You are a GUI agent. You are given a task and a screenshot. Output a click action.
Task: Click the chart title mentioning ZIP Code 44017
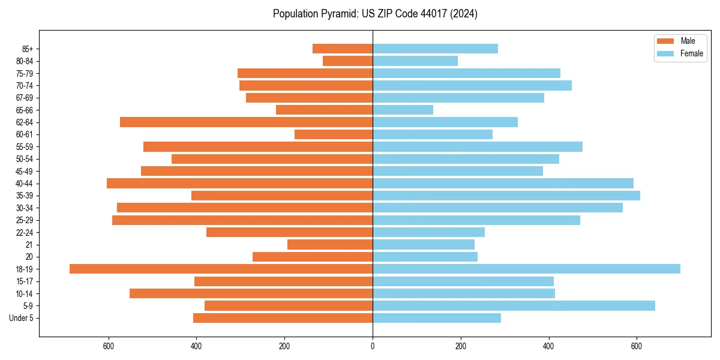375,14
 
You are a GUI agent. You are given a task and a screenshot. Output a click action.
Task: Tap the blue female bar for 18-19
526,269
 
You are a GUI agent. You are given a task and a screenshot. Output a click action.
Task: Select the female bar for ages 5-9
514,305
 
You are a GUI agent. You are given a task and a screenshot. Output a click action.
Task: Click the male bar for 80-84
347,61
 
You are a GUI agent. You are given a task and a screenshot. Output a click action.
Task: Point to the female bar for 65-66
403,110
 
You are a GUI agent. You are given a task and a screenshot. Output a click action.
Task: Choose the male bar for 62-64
246,122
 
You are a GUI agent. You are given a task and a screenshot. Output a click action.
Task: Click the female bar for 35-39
506,196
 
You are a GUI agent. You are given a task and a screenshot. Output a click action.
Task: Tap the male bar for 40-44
239,183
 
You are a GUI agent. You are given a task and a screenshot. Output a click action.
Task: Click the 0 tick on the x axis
373,346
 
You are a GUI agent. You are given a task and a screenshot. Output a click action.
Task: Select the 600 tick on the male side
109,346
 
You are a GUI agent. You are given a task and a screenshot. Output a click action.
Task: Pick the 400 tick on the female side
548,346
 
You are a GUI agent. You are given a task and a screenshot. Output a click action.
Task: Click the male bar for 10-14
251,293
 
